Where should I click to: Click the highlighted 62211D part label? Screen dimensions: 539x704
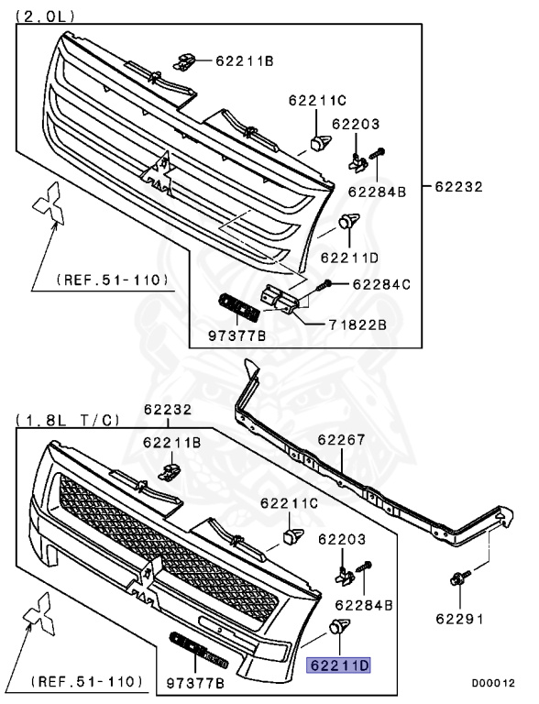(338, 665)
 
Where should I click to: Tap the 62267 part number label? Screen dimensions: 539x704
(341, 440)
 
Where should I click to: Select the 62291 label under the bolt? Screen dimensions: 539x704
(460, 619)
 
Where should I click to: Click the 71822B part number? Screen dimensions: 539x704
(357, 324)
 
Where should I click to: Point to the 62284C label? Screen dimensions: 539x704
(381, 284)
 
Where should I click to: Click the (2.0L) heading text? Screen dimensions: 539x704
(45, 16)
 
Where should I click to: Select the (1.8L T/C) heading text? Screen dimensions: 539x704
(68, 420)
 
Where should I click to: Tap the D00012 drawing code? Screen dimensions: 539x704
(493, 683)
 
